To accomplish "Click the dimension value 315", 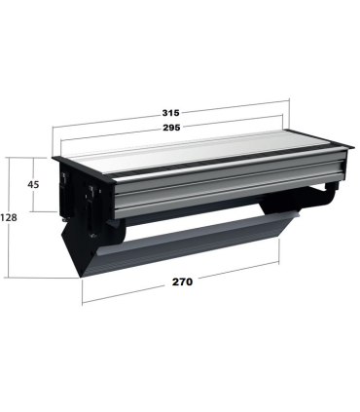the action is (x=170, y=113).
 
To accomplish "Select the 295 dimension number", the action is (x=171, y=128).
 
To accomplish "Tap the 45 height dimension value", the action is (x=33, y=185).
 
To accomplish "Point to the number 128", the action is (x=9, y=217).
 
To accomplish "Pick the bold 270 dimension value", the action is (x=182, y=281).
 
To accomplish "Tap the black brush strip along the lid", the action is (x=227, y=161).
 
